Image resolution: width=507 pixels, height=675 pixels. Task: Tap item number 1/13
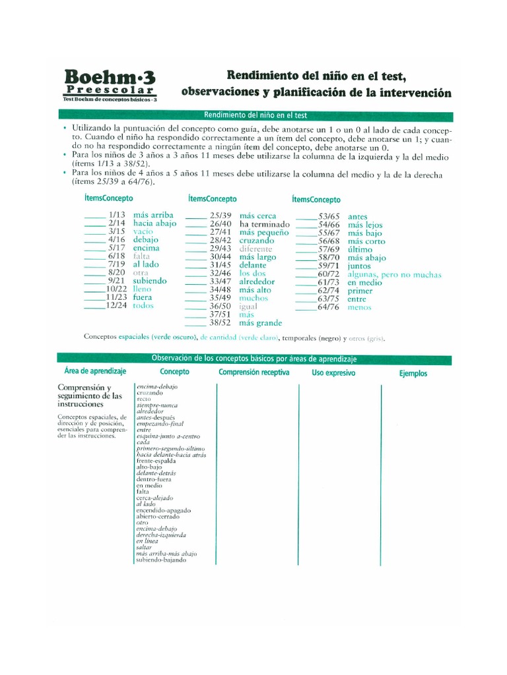click(117, 215)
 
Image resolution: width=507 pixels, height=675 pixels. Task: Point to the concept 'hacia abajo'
click(154, 223)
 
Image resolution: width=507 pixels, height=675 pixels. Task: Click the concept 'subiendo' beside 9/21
click(150, 280)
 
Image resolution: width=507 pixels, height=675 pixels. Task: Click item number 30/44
click(220, 256)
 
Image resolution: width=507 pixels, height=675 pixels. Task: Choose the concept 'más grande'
click(261, 323)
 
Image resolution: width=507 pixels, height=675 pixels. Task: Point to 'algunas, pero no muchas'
click(394, 274)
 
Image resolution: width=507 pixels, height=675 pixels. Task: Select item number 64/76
click(328, 307)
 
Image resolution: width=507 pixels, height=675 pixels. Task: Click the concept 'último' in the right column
click(360, 249)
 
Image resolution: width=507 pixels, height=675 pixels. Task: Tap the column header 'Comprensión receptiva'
click(254, 373)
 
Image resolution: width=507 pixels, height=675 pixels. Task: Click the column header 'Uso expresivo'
click(333, 373)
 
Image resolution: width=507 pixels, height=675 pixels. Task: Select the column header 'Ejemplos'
click(413, 374)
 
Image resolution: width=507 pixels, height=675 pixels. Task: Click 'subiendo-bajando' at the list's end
click(161, 560)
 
